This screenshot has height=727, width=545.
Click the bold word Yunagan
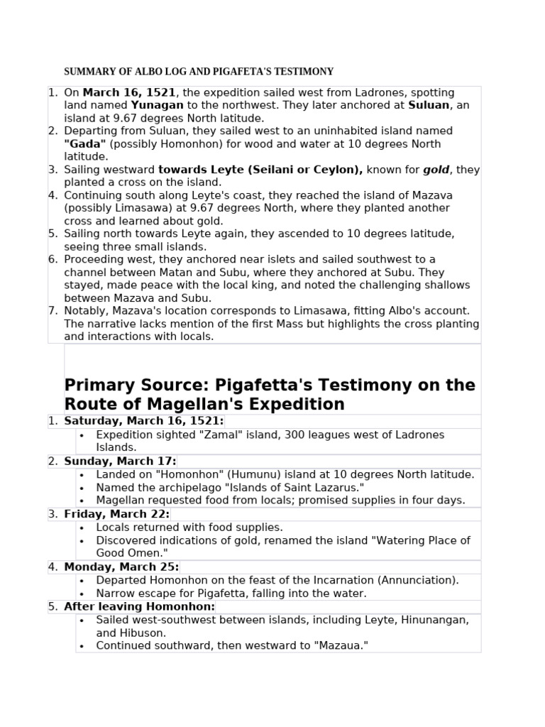(158, 105)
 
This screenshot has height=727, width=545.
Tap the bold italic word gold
(438, 170)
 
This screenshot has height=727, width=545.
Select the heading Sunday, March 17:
(120, 461)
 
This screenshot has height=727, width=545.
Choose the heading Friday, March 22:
(116, 514)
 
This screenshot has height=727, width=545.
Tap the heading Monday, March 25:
(121, 567)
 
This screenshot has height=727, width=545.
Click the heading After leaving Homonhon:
(139, 606)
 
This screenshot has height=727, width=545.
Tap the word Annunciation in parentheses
(422, 580)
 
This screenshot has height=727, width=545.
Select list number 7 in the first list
(53, 311)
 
